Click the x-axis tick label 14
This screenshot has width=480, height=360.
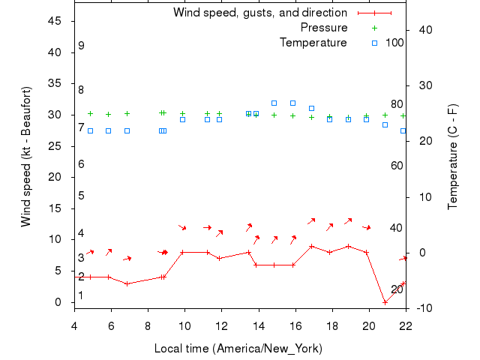point(259,325)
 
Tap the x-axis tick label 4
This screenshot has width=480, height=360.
point(74,325)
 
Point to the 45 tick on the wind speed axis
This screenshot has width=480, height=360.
point(55,21)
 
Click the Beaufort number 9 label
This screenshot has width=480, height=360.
point(81,46)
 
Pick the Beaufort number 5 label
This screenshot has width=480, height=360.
point(81,196)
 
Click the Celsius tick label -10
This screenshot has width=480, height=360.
point(421,307)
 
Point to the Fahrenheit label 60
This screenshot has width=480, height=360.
point(397,166)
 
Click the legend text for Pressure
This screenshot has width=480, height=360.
point(323,28)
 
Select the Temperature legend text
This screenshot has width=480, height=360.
point(313,43)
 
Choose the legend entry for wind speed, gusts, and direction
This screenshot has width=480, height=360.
point(259,13)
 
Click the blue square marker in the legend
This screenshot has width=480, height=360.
point(374,43)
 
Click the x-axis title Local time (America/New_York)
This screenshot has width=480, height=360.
point(238,349)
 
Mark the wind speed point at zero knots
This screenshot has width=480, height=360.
point(385,302)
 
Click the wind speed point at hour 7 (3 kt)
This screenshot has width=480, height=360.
point(127,283)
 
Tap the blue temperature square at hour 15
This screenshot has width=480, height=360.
point(274,103)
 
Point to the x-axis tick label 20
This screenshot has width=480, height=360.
point(369,325)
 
